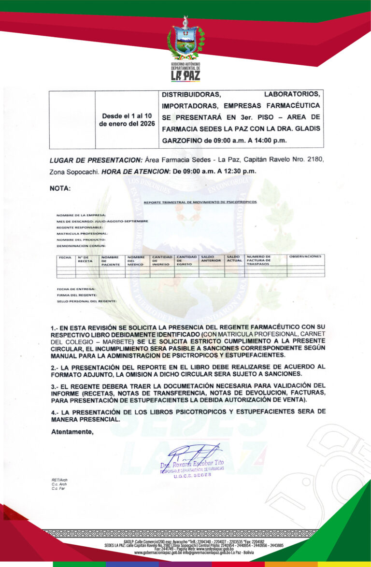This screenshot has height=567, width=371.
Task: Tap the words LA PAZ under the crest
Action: coord(185,75)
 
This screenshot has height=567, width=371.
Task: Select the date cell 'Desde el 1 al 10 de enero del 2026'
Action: coord(127,119)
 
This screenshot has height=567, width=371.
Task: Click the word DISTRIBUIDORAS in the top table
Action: coord(191,94)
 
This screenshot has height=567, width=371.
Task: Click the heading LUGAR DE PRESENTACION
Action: coord(96,160)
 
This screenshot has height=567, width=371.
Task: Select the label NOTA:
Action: coord(60,188)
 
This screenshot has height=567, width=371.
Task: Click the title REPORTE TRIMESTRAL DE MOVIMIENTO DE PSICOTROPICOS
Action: coord(200,202)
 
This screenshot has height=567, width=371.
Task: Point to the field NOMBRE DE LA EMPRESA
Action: coord(81,215)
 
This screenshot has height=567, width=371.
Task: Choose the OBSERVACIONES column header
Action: coord(305,256)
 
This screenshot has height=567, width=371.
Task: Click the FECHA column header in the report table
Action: coord(65,257)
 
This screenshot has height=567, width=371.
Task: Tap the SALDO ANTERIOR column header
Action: coord(211,259)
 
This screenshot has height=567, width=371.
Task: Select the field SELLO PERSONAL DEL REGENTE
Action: coord(86,301)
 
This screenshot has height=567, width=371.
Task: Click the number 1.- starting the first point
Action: coord(55,328)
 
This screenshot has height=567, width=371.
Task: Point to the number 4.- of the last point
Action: coord(55,411)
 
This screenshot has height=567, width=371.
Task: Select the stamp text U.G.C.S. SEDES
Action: coord(193,475)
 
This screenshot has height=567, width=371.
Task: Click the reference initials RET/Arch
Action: coord(59,480)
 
